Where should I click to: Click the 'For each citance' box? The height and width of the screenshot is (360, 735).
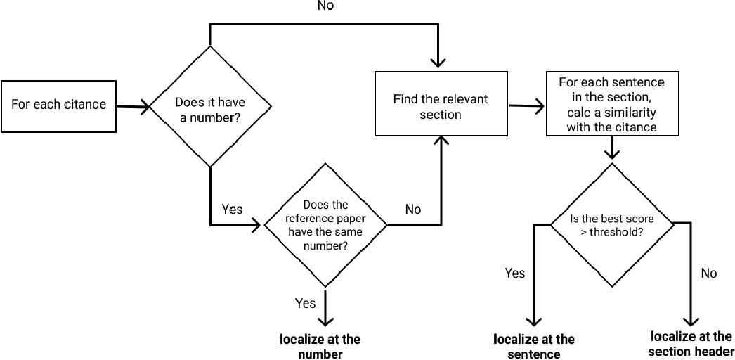click(59, 105)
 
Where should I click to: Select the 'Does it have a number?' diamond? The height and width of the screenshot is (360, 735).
click(210, 107)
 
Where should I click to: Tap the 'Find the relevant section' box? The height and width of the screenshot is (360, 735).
click(441, 103)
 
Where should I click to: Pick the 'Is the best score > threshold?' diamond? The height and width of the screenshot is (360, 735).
click(611, 224)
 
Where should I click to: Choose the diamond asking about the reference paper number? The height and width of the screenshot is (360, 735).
click(325, 225)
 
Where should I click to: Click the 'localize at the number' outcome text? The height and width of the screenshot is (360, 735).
click(320, 346)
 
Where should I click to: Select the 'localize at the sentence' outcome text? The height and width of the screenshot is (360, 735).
click(534, 347)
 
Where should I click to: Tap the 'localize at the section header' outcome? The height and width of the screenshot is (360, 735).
click(691, 344)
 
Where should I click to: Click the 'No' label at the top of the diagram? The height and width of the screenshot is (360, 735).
click(325, 6)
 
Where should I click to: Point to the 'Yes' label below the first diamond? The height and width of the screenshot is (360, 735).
click(232, 209)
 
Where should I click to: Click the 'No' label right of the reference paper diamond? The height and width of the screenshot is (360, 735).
click(413, 209)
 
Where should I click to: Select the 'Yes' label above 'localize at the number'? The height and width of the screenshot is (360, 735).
click(305, 303)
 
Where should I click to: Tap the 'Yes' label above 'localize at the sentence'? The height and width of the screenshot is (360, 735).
click(515, 273)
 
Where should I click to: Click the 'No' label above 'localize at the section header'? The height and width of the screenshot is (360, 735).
click(709, 273)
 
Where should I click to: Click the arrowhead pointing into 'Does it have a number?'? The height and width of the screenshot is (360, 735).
click(145, 107)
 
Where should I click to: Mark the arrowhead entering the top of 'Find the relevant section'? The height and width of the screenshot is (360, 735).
click(439, 63)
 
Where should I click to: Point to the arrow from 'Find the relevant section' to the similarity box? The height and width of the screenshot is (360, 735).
click(527, 107)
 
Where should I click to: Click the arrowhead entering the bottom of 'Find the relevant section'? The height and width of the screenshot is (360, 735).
click(441, 143)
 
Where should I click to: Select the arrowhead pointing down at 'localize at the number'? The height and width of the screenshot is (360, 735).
click(325, 319)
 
